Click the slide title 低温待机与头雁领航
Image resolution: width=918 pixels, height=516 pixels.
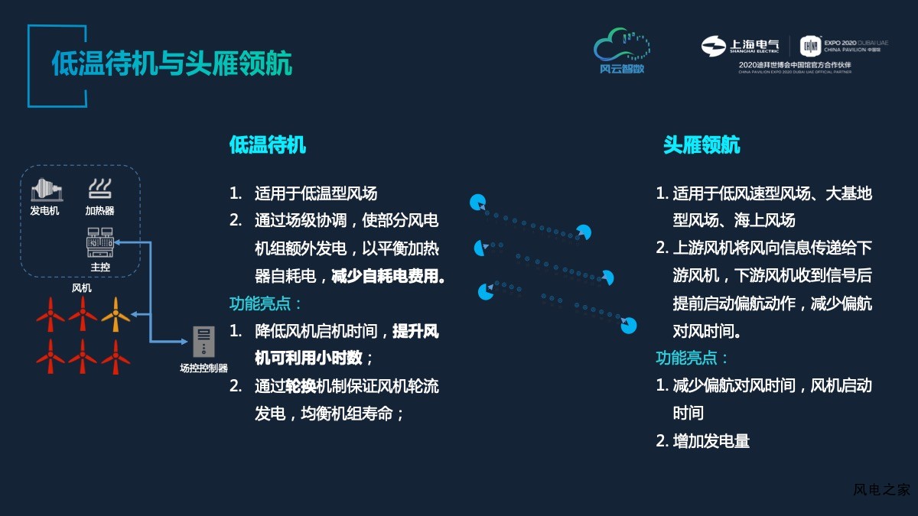tap(171, 63)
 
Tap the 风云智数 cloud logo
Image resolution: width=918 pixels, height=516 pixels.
tap(622, 50)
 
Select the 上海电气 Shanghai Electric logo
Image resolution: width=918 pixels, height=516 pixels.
tap(741, 46)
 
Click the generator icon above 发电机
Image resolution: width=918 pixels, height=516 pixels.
tap(47, 190)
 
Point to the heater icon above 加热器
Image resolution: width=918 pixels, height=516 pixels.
tap(99, 189)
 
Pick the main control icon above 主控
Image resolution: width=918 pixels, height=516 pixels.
tap(100, 242)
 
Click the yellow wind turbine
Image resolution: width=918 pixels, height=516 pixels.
tap(116, 314)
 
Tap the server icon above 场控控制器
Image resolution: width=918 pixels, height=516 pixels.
tap(203, 342)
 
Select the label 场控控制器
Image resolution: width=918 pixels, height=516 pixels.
tap(203, 368)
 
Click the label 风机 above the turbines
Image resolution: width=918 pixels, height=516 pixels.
tap(82, 288)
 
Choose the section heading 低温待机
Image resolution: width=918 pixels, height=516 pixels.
tap(268, 145)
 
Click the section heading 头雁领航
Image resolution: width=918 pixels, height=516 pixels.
tap(702, 145)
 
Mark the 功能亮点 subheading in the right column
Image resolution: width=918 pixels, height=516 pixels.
tap(687, 358)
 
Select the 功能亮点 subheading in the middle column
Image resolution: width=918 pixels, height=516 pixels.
tap(260, 303)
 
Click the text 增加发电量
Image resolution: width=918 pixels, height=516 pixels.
tap(711, 441)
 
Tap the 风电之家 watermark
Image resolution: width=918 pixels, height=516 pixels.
tap(881, 489)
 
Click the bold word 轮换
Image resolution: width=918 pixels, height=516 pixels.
tap(301, 386)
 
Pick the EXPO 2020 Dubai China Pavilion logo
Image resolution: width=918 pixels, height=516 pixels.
tap(844, 46)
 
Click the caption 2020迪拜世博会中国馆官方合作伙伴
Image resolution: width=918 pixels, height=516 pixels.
tap(795, 65)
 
